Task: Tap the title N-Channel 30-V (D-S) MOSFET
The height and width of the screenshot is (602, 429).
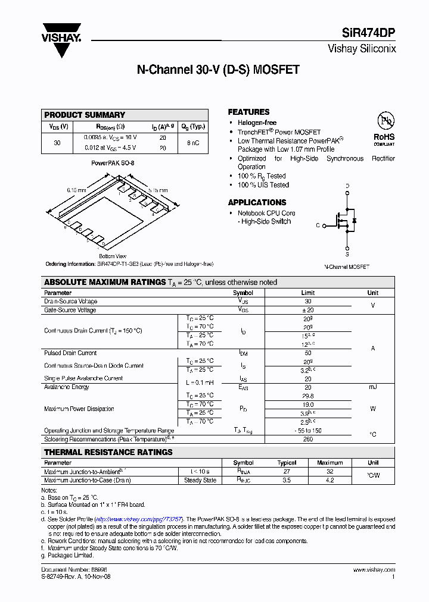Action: point(218,70)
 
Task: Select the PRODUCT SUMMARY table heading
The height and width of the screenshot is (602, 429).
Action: point(85,115)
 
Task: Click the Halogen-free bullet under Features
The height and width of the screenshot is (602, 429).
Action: point(257,123)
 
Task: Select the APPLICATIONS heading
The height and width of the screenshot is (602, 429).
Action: point(257,202)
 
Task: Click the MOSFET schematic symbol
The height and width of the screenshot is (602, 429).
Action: point(346,220)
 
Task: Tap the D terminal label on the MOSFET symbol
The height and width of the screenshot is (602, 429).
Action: point(347,186)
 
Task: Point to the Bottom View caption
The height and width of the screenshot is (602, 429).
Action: point(112,256)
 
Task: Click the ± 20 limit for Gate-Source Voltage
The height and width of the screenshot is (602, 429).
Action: point(307,310)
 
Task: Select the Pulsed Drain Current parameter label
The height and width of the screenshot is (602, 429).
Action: point(70,353)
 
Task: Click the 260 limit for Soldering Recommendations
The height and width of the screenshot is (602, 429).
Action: point(307,439)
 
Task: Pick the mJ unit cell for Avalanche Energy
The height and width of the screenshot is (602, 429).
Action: point(372,387)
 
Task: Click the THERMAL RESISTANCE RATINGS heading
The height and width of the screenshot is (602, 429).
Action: point(108,452)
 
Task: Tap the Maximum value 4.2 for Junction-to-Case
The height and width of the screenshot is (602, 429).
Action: point(329,480)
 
